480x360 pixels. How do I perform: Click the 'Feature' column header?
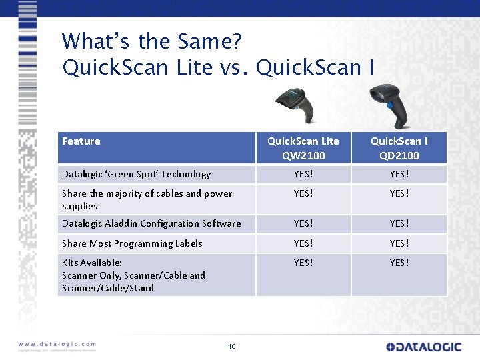pos(81,141)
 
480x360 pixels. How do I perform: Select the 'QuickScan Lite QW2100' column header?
pos(303,148)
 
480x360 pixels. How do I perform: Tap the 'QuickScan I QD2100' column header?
pos(399,148)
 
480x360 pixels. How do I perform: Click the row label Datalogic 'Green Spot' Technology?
pos(136,174)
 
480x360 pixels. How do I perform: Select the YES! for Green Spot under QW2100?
pos(303,174)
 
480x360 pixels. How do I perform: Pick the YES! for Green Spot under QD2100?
pos(399,174)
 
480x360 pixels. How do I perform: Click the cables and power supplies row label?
pos(147,199)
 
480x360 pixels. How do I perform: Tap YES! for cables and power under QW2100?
pos(303,193)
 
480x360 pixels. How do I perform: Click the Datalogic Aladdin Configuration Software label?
pos(151,223)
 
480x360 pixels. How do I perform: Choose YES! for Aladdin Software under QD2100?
pos(399,223)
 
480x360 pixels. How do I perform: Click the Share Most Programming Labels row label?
pos(132,243)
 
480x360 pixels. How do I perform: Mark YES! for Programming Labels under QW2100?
pos(303,243)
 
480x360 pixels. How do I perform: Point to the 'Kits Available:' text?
pos(92,263)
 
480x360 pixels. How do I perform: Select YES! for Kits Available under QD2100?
pos(399,263)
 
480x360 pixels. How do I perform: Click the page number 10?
pos(232,346)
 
